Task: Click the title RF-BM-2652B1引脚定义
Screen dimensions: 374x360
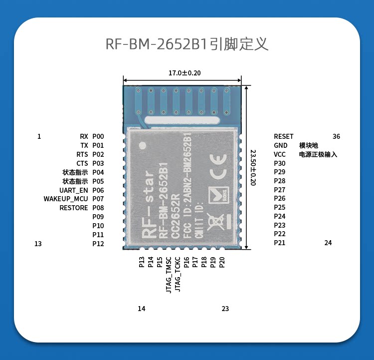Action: tap(187, 44)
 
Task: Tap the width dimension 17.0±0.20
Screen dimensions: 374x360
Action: tap(185, 73)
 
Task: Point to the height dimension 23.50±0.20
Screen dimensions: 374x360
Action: tap(253, 168)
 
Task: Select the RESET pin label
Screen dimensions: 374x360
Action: tap(284, 136)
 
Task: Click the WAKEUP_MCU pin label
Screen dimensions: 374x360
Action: tap(66, 199)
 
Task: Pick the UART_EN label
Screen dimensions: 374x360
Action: tap(74, 190)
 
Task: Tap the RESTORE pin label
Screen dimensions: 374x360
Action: tap(74, 208)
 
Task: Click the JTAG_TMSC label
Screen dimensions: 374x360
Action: tap(169, 275)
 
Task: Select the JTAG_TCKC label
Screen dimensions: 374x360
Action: tap(178, 275)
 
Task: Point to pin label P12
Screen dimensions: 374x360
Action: tap(98, 244)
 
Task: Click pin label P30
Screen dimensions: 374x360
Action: tap(280, 163)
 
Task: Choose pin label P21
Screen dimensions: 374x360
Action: tap(280, 243)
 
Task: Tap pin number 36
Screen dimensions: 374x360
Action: tap(336, 136)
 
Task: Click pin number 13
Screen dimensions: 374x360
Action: tap(38, 244)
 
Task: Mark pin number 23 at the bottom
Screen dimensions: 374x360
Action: tap(225, 309)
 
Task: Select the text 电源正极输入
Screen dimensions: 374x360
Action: tap(318, 154)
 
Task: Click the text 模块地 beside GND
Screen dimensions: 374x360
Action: tap(308, 145)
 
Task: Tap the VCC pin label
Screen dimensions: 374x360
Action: tap(280, 154)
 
